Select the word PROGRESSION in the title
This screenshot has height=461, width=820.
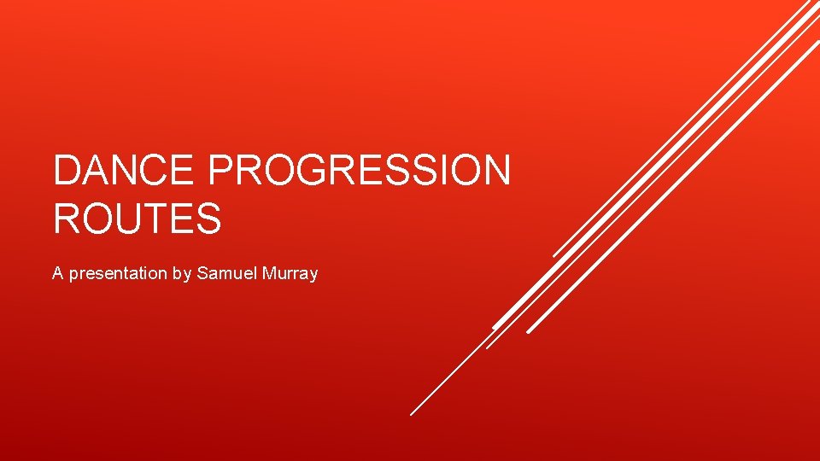tap(359, 171)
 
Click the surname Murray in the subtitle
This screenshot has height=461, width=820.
tap(290, 274)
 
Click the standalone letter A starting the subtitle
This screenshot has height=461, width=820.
tap(57, 274)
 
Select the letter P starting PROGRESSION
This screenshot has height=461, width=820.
tap(220, 171)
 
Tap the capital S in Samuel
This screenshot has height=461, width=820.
tap(202, 274)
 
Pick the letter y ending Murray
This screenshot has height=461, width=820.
tap(313, 276)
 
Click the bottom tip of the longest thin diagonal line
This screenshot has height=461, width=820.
tap(411, 414)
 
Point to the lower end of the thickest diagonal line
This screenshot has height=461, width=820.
tap(495, 327)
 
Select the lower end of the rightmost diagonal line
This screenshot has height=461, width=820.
tap(528, 331)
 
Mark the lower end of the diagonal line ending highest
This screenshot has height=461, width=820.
tap(554, 255)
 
